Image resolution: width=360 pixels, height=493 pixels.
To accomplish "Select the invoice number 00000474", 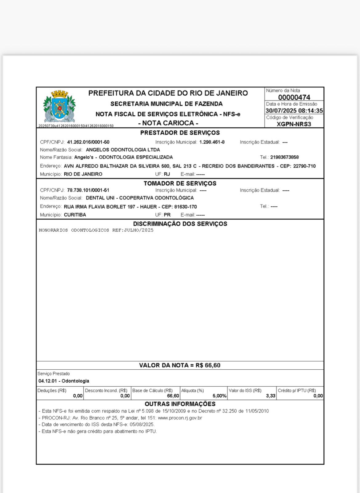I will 294,97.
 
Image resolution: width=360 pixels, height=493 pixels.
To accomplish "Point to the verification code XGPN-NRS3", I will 294,124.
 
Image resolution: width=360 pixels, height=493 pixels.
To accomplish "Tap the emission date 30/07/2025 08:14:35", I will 294,111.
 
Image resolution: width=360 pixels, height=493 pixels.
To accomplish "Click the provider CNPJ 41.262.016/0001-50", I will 88,142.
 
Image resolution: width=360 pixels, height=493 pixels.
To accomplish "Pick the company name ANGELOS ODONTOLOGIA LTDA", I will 123,150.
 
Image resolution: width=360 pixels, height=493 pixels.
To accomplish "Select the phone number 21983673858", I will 284,157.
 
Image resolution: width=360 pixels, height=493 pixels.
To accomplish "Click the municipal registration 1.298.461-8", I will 212,142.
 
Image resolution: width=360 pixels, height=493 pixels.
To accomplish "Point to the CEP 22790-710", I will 304,166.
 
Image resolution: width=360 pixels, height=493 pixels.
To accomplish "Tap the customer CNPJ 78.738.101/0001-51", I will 88,190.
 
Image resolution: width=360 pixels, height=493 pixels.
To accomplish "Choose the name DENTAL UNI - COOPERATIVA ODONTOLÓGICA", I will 140,198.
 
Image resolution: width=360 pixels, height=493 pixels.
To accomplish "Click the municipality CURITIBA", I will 75,215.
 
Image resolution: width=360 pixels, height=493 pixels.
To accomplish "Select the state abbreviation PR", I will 167,215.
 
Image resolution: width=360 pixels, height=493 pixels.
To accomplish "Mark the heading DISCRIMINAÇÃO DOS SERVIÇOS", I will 180,224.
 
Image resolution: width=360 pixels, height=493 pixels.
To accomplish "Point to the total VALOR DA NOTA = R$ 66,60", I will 180,365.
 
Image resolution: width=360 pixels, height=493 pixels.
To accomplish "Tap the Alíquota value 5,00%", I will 219,396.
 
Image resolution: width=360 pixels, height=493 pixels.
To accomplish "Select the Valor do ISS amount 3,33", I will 270,396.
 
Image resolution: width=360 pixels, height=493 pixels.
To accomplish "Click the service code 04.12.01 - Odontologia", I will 64,381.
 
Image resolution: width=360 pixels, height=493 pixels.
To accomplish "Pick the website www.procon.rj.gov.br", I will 180,418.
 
